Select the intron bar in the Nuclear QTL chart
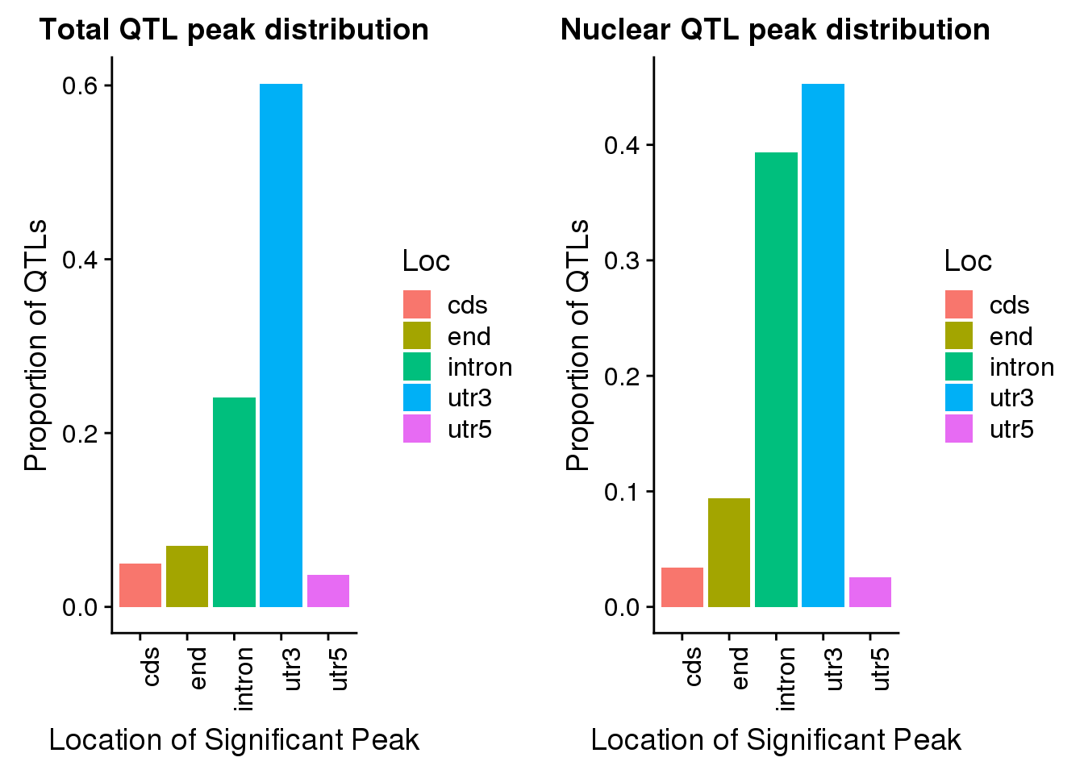click(x=776, y=379)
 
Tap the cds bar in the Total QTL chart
click(x=140, y=585)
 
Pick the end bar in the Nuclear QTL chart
click(x=729, y=552)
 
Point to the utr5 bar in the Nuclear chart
click(x=869, y=592)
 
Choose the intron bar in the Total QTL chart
click(x=234, y=501)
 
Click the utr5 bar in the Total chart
click(x=327, y=591)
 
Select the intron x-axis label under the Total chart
click(x=244, y=678)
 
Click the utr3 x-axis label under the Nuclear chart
click(x=834, y=668)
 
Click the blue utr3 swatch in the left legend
click(x=417, y=397)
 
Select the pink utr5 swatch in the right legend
click(x=959, y=429)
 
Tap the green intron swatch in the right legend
click(x=959, y=367)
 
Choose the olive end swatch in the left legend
click(x=417, y=336)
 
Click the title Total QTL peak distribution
click(x=234, y=30)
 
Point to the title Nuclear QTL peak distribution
click(x=775, y=30)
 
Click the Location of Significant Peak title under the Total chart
click(x=234, y=739)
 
